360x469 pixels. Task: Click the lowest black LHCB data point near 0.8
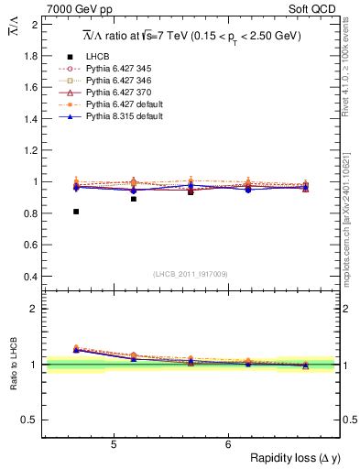click(76, 212)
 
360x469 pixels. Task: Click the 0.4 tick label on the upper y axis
click(32, 277)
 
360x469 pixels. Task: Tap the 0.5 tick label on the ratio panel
click(32, 420)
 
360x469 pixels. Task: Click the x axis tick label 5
click(113, 445)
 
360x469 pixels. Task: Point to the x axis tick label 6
click(228, 445)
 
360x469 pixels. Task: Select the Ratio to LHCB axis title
click(13, 365)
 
